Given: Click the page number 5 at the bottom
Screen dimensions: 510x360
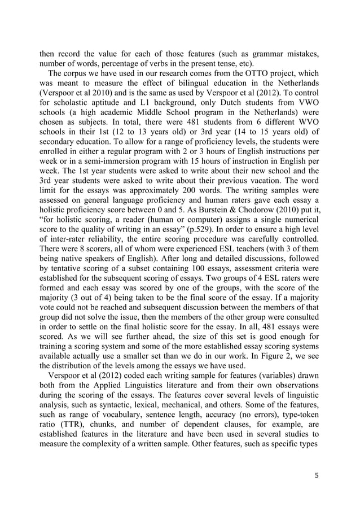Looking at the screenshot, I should coord(317,474).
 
